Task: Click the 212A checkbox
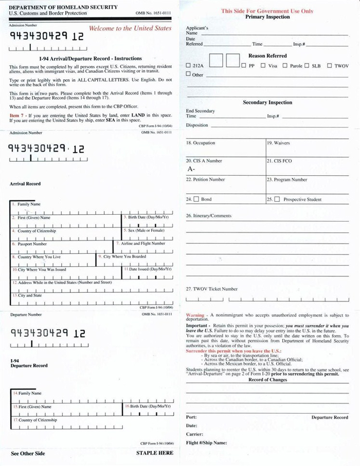[x=188, y=66]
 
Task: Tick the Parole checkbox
[x=285, y=66]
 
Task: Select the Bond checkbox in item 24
[x=196, y=199]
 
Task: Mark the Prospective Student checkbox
[x=277, y=199]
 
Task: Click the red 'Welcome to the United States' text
[x=130, y=28]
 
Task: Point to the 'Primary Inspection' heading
[x=267, y=17]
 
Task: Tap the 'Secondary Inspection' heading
[x=267, y=102]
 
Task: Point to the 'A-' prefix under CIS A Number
[x=191, y=169]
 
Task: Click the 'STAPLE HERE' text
[x=154, y=453]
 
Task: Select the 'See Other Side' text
[x=28, y=453]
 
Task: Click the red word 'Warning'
[x=195, y=314]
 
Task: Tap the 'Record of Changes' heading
[x=267, y=380]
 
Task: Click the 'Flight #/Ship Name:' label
[x=206, y=442]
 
